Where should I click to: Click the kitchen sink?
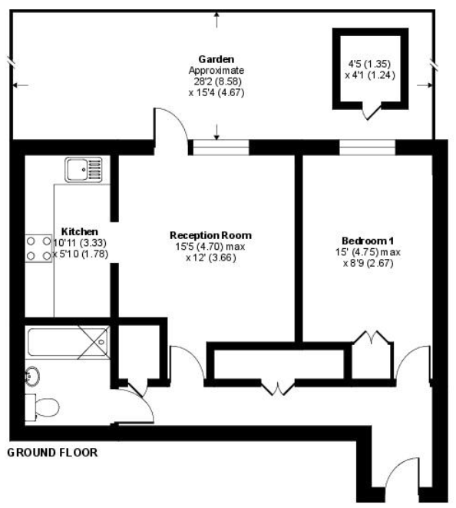coord(84,169)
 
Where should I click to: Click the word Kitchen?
coord(79,231)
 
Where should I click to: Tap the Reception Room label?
coord(210,234)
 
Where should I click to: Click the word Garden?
coord(216,58)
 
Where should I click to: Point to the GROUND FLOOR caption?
coord(52,453)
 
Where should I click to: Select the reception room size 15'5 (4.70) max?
coord(210,246)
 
